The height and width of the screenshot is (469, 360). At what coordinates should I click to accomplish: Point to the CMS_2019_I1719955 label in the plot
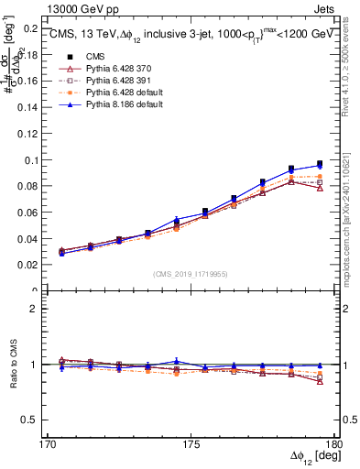tap(191, 273)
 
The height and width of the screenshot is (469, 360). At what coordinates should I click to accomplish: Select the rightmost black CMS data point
tap(320, 164)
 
